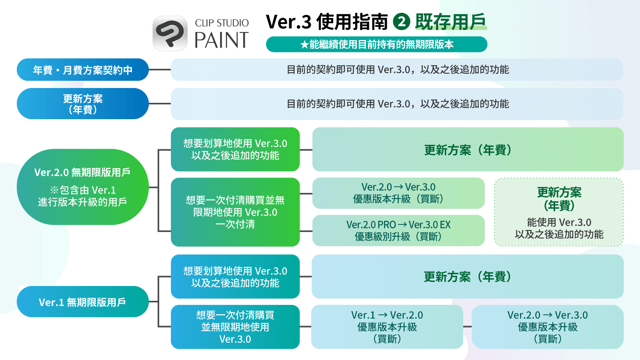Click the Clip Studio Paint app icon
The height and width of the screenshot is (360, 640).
coord(170,33)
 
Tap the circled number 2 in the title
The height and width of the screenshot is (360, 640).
coord(402,22)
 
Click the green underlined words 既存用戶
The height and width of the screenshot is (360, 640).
coord(451,22)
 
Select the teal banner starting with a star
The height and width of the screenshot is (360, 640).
coord(376,44)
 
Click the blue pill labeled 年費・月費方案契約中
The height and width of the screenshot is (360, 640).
coord(83,70)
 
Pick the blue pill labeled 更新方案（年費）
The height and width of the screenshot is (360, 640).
coord(83,104)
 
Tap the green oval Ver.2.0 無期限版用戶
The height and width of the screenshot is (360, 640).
coord(83,187)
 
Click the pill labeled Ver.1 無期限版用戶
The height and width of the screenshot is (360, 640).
coord(83,302)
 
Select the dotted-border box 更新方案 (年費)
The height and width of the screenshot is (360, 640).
coord(559,212)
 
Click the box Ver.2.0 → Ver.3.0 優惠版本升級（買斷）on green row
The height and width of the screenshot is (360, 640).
coord(398,193)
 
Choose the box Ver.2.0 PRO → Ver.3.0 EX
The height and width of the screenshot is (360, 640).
coord(398,230)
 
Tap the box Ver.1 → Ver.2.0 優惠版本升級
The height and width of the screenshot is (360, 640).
coord(387,327)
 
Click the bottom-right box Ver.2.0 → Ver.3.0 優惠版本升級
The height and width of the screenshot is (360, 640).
coord(547,327)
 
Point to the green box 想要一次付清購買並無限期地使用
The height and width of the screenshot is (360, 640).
coord(235,212)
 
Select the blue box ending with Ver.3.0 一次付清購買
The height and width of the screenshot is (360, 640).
coord(235,327)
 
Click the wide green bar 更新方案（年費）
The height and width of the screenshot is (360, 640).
coord(468,150)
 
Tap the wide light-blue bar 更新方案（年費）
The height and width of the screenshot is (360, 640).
coord(468,276)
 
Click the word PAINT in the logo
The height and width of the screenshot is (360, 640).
coord(221,40)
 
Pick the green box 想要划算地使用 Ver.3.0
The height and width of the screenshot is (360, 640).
coord(235,149)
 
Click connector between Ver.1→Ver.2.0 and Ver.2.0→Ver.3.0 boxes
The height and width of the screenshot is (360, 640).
coord(467,327)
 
